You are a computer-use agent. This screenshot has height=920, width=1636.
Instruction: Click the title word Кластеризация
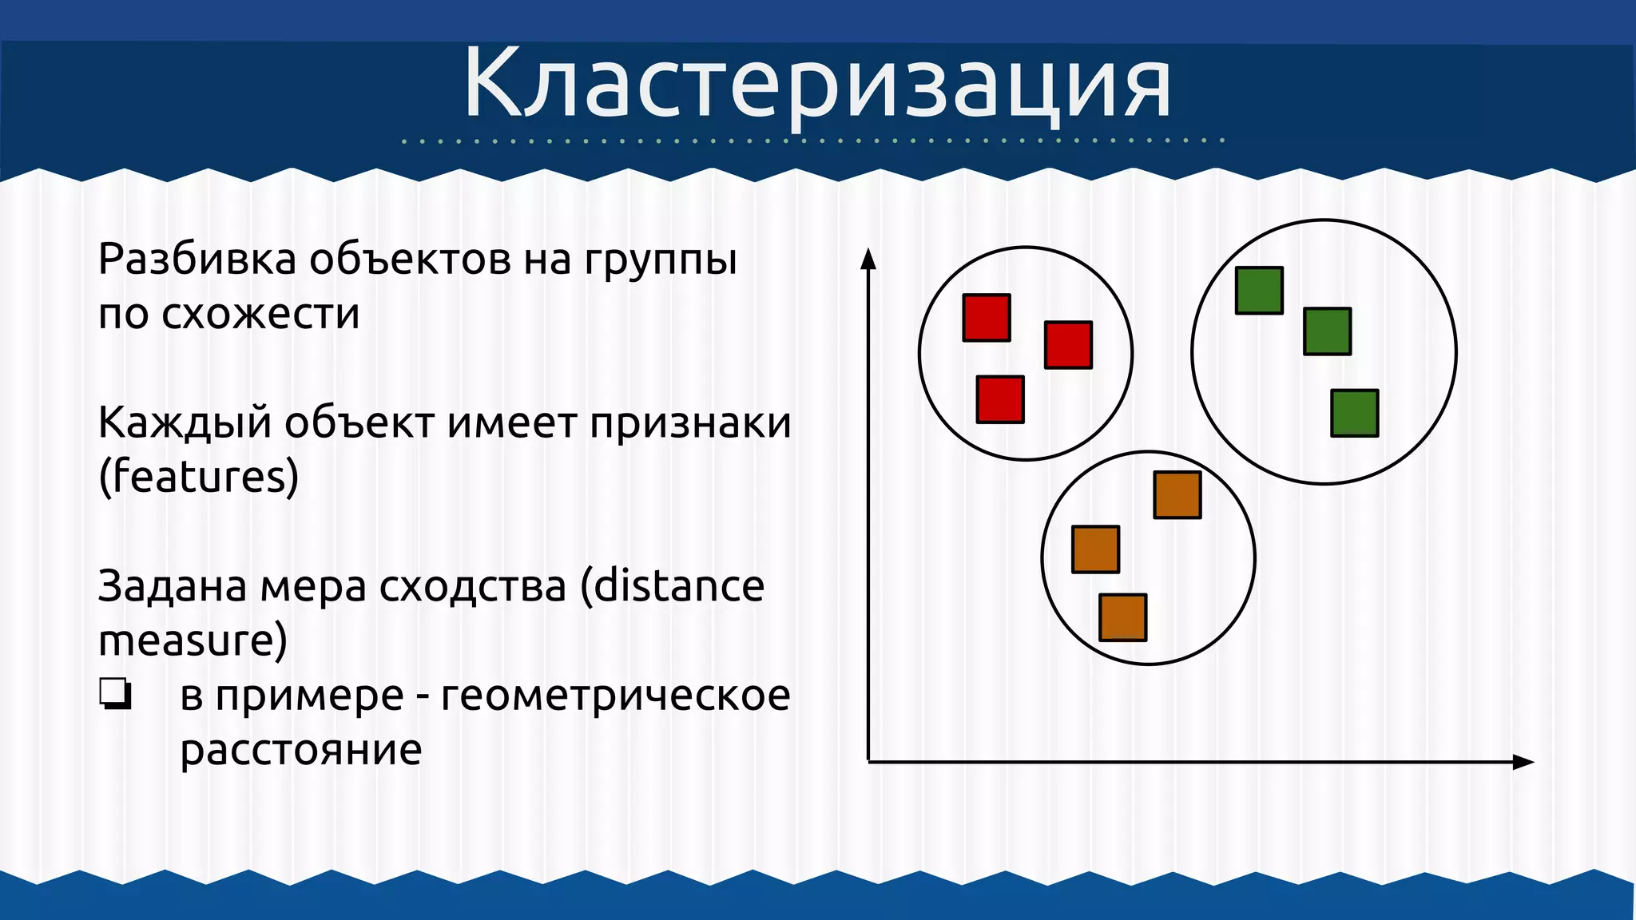coord(816,84)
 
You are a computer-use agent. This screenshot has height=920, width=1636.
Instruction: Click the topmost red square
coord(987,318)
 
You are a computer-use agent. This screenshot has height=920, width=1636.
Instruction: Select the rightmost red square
coord(1068,345)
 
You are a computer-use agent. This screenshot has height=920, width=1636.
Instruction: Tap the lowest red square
coord(1000,399)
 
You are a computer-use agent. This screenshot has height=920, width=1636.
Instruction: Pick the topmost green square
coord(1259,291)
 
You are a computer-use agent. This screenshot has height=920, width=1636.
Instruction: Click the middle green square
coord(1327,331)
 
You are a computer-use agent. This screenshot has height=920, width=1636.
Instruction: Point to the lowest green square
coord(1354,413)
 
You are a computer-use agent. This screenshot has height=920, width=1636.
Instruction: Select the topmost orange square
coord(1177,495)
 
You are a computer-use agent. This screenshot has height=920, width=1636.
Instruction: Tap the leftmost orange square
coord(1095,549)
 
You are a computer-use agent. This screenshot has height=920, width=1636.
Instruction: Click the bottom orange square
coord(1122,617)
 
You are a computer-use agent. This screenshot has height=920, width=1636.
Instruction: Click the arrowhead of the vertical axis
coord(868,259)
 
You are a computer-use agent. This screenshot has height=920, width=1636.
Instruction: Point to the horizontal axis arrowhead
coord(1523,762)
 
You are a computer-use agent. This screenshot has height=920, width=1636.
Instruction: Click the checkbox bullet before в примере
coord(115,694)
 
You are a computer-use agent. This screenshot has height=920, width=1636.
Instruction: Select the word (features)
coord(198,477)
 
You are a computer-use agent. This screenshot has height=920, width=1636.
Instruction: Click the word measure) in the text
coord(193,640)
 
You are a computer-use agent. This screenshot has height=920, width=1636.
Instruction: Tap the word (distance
coord(672,586)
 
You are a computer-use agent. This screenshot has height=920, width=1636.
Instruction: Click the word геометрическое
coord(615,695)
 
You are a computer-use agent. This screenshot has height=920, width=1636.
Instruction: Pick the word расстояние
coord(300,749)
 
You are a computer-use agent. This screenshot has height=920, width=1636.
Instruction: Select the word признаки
coord(690,422)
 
